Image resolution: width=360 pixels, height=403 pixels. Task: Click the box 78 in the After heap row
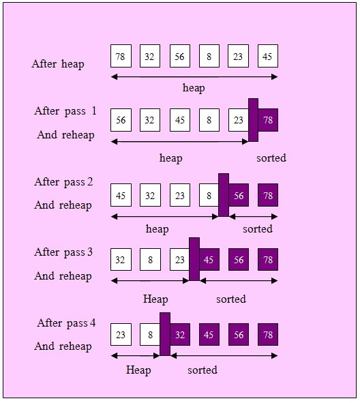click(x=121, y=56)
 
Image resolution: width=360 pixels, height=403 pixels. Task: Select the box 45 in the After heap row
click(x=267, y=56)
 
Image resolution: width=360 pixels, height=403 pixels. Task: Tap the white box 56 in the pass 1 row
click(x=121, y=120)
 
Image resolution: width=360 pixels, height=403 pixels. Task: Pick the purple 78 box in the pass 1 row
click(x=268, y=120)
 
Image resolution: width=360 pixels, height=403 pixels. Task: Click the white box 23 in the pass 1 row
click(x=238, y=120)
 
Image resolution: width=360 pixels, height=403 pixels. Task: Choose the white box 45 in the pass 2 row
click(x=121, y=195)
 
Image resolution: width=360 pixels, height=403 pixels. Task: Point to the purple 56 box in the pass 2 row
click(x=239, y=195)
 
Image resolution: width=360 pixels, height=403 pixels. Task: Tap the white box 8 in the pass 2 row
click(x=209, y=195)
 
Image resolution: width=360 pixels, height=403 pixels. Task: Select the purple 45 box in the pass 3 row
click(x=209, y=260)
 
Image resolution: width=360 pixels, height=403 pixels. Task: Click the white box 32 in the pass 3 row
click(x=121, y=260)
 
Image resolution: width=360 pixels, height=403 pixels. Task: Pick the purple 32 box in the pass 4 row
click(x=180, y=335)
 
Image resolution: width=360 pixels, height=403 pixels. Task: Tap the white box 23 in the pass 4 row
click(x=121, y=335)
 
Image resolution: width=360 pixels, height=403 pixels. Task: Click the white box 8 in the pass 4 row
click(x=150, y=335)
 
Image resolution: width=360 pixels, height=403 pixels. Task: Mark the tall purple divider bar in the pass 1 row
click(x=253, y=120)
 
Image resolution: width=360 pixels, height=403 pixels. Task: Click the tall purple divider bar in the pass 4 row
click(x=164, y=333)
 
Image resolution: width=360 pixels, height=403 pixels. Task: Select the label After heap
click(x=58, y=64)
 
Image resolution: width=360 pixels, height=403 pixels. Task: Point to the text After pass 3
click(x=63, y=252)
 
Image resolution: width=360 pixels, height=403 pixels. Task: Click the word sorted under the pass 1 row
click(x=271, y=158)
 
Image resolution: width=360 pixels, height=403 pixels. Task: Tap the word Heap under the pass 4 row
click(x=138, y=370)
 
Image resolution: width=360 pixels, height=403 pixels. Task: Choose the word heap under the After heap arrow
click(x=194, y=88)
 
